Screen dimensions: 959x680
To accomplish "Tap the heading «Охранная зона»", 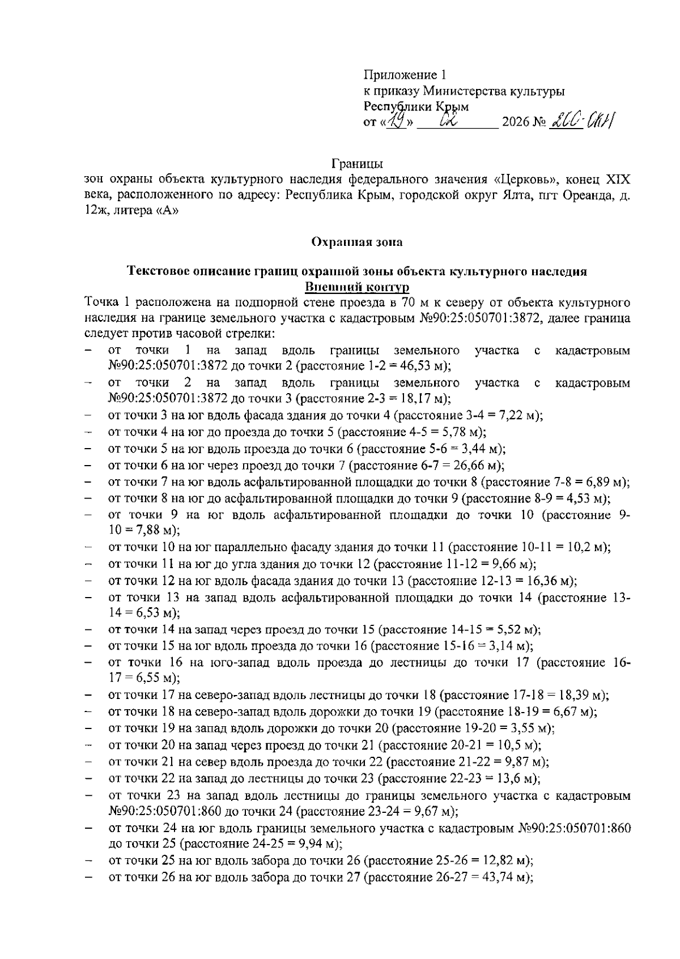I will tap(357, 242).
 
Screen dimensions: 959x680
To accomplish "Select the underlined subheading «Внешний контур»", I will tap(357, 287).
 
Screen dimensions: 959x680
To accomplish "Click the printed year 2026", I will tap(514, 123).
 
